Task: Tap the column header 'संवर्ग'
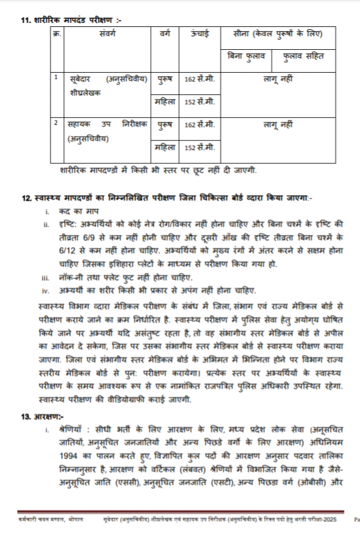pyautogui.click(x=108, y=33)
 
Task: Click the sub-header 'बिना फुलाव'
pyautogui.click(x=246, y=57)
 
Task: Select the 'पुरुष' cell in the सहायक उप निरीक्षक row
pyautogui.click(x=165, y=125)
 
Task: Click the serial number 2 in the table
pyautogui.click(x=56, y=123)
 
